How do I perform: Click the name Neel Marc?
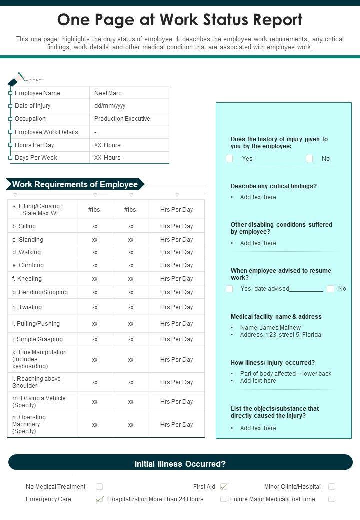pos(108,93)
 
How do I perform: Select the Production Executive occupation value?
pos(122,119)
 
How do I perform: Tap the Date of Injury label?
pos(32,106)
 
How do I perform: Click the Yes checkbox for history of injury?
pos(229,159)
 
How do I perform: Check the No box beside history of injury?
pos(309,159)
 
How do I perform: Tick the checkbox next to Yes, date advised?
pos(229,289)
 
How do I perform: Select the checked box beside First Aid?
pos(224,486)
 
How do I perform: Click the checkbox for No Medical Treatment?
pos(99,487)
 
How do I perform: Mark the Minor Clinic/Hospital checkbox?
pos(332,487)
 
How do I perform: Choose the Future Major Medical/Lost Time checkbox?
pos(332,499)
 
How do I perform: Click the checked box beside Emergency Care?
pos(100,499)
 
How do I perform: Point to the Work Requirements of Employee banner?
pos(75,184)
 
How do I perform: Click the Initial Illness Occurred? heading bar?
pos(180,464)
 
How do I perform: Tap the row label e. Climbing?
pos(28,265)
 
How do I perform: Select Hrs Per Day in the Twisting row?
pos(176,307)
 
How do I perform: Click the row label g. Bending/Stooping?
pos(40,292)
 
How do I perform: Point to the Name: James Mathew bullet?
pos(270,328)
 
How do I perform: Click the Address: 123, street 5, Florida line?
pos(280,335)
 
